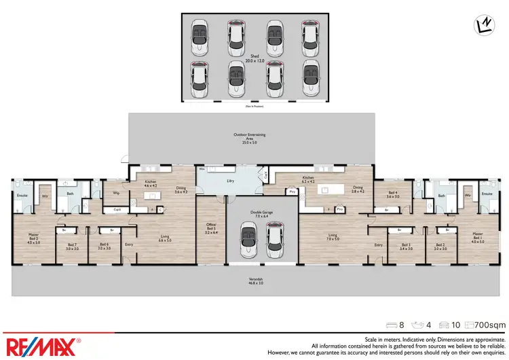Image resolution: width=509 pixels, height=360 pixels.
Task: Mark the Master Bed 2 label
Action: [33, 238]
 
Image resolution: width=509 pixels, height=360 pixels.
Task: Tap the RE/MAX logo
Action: [42, 345]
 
